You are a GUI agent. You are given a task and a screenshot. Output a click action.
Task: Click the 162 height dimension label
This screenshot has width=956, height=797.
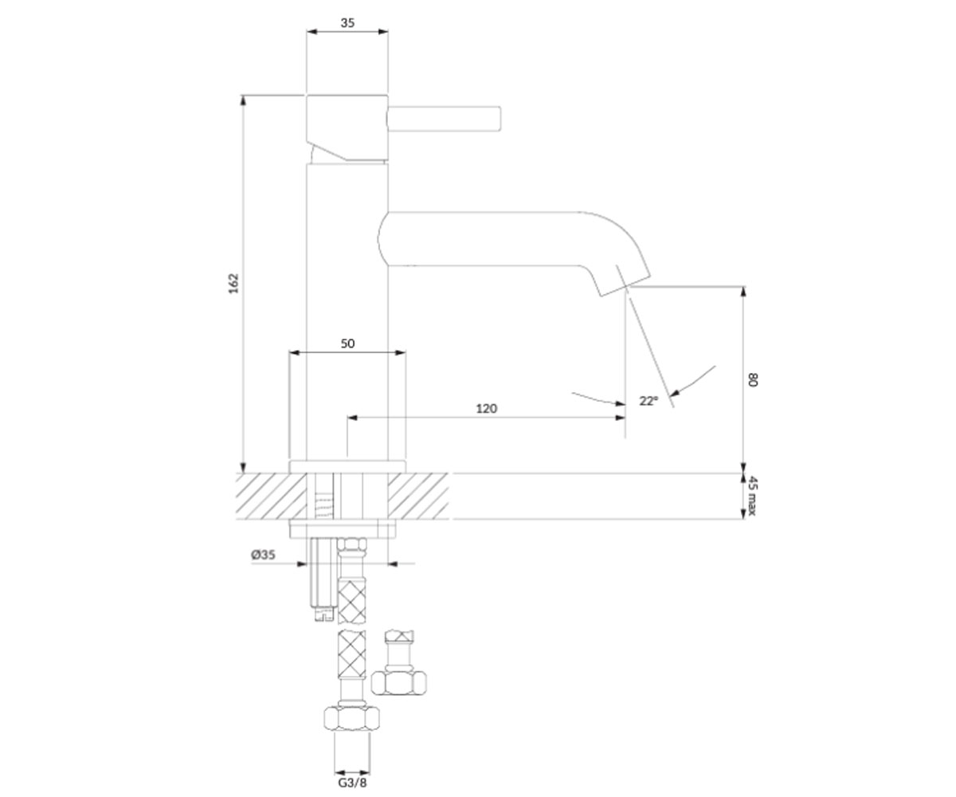233,284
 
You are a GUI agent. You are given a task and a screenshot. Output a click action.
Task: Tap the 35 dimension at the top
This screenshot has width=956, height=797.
347,22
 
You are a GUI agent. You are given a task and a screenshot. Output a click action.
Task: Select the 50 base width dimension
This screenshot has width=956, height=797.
347,343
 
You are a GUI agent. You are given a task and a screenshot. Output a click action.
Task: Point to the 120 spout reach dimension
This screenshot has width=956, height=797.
486,408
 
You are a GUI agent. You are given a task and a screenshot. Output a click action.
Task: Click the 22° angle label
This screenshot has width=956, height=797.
648,401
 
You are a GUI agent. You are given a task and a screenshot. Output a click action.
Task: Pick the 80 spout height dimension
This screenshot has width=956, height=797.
753,379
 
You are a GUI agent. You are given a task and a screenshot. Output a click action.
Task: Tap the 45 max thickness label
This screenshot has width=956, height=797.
753,496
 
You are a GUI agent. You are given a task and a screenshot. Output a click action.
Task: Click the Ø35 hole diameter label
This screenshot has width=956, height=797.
263,555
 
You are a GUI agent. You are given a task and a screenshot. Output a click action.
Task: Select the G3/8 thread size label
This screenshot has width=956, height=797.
352,783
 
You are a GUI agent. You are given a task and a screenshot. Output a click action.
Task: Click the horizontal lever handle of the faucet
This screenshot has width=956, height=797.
444,119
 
